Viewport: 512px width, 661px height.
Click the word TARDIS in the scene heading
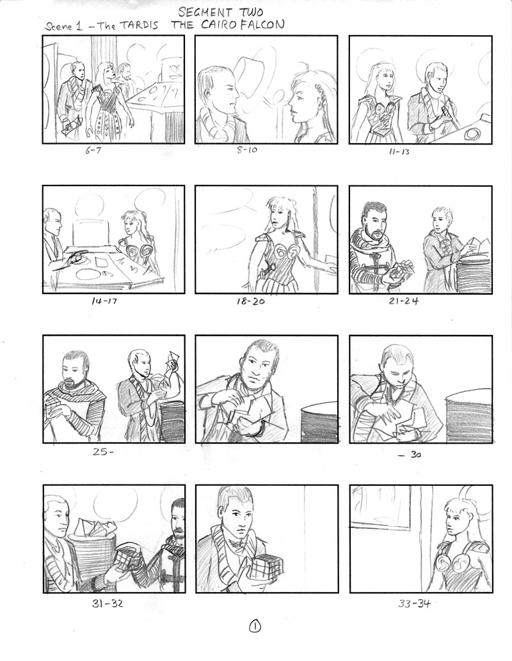click(x=138, y=26)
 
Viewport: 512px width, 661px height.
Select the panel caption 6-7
click(x=93, y=150)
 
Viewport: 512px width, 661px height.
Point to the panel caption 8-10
click(x=247, y=150)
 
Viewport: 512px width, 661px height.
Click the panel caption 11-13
click(x=399, y=152)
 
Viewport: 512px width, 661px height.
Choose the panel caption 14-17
click(x=104, y=301)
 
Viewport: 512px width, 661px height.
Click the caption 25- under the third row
click(x=104, y=452)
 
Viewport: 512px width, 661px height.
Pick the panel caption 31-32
click(x=108, y=603)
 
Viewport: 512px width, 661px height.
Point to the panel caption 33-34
click(x=414, y=603)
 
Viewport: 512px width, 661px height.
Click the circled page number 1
click(x=256, y=626)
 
